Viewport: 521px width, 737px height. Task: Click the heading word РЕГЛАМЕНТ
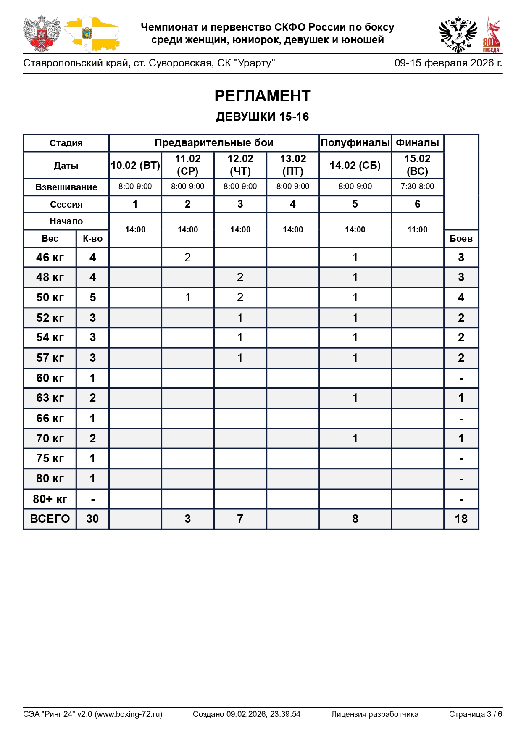click(x=262, y=96)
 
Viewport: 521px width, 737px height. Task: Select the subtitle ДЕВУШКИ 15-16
click(x=262, y=116)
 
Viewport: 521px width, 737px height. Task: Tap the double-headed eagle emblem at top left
click(x=41, y=34)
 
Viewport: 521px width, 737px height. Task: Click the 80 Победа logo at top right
click(x=492, y=34)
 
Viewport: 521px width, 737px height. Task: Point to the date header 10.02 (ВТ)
click(x=135, y=165)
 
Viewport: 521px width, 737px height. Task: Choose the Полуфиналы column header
click(x=355, y=143)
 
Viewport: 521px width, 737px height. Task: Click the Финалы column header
click(x=417, y=143)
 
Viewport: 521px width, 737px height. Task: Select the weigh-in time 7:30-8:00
click(x=417, y=187)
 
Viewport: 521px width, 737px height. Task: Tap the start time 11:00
click(x=417, y=230)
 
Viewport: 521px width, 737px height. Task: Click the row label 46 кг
click(x=50, y=257)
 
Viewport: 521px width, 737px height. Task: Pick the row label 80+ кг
click(x=50, y=499)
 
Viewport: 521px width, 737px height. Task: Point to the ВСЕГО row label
click(x=50, y=519)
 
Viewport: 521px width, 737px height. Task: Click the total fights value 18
click(x=461, y=519)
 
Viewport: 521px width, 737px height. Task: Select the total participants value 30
click(x=92, y=519)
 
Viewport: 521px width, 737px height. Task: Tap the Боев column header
click(x=461, y=239)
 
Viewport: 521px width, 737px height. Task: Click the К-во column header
click(x=92, y=239)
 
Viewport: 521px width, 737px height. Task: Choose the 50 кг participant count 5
click(x=92, y=297)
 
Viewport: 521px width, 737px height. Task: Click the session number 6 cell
click(x=417, y=204)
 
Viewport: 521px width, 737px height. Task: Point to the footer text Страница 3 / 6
click(x=475, y=714)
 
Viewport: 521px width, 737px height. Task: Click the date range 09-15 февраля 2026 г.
click(x=448, y=63)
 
